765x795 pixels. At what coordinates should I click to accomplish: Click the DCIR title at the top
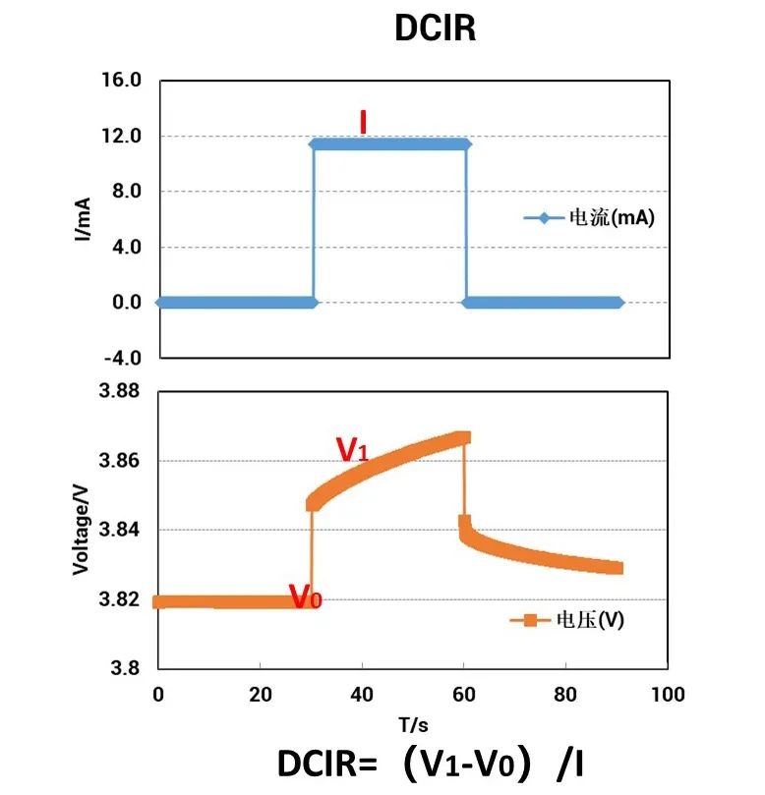(x=435, y=28)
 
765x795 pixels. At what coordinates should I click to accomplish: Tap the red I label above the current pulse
(x=363, y=123)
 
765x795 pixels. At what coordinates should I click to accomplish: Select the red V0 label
(x=305, y=596)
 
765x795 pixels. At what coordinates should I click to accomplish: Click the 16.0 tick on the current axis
(x=123, y=80)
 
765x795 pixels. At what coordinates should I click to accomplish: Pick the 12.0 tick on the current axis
(x=123, y=136)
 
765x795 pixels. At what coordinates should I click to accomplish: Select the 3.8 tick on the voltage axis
(x=128, y=669)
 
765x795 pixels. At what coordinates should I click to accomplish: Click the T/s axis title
(x=413, y=725)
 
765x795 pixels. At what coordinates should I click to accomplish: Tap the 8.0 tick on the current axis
(x=127, y=192)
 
